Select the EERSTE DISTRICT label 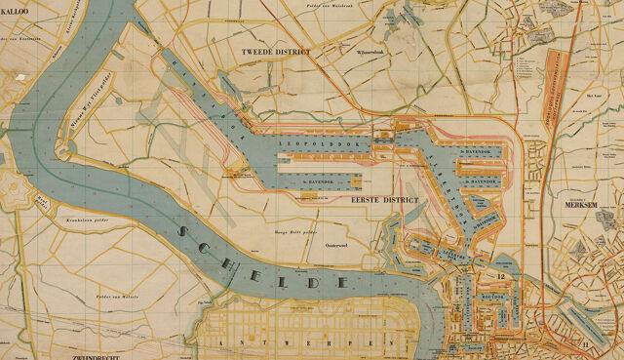point(383,199)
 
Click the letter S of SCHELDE point(184,231)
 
